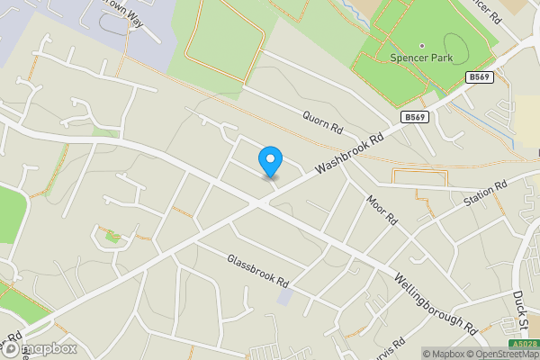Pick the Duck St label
coord(519,306)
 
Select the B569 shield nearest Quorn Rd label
coord(414,117)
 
